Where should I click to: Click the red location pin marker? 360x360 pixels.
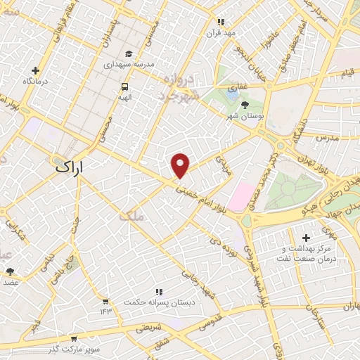[x=181, y=165]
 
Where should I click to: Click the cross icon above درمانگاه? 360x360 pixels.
[x=35, y=70]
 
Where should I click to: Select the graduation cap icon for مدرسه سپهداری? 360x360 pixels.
[x=128, y=53]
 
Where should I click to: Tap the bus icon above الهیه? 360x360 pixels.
[x=124, y=86]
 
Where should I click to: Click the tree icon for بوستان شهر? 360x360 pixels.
[x=244, y=105]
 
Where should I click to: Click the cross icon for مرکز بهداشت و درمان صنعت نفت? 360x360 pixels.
[x=305, y=238]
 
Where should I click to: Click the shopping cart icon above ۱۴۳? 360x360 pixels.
[x=105, y=301]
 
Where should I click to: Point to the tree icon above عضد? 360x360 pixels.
[x=10, y=271]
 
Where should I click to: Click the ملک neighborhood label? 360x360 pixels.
[x=131, y=217]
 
